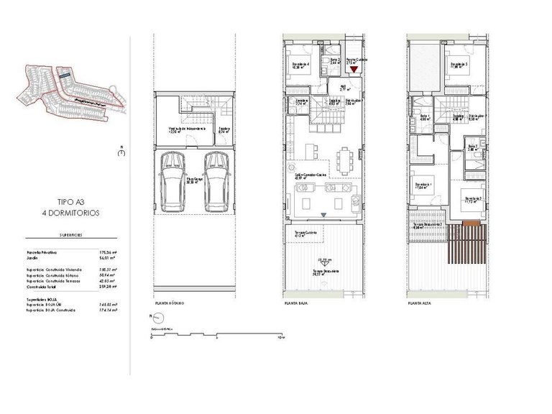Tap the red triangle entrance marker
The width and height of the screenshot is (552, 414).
353,70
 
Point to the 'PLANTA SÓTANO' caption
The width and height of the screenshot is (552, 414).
170,304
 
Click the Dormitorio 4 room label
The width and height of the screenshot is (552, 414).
300,66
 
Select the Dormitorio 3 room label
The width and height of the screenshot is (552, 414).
460,66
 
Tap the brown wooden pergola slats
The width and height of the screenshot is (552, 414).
465,248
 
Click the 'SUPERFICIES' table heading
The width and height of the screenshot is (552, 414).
70,235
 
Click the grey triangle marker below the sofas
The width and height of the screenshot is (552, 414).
324,216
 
